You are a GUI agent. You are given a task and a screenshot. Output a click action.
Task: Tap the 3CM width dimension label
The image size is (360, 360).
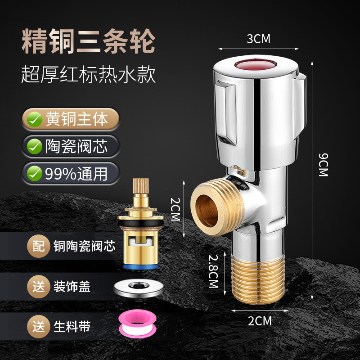[x=258, y=39]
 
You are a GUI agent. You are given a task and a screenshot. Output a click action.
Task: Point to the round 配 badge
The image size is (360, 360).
[x=39, y=246]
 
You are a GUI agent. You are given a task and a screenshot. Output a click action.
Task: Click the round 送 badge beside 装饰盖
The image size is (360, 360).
[x=39, y=286]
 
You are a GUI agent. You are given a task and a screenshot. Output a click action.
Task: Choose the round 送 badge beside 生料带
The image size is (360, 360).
[x=39, y=326]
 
